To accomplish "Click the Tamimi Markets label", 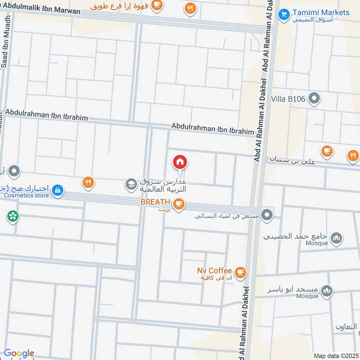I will coord(321,12).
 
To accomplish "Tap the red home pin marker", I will coord(180,162).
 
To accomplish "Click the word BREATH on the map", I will coord(155,202).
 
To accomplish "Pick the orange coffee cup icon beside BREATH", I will coord(179,204).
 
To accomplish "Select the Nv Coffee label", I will coord(215,270).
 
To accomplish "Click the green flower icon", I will coord(13,216).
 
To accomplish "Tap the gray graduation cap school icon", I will coord(131,184).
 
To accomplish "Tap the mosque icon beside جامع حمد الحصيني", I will coord(336,238).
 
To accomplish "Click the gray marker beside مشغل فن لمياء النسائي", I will coord(267,215).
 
